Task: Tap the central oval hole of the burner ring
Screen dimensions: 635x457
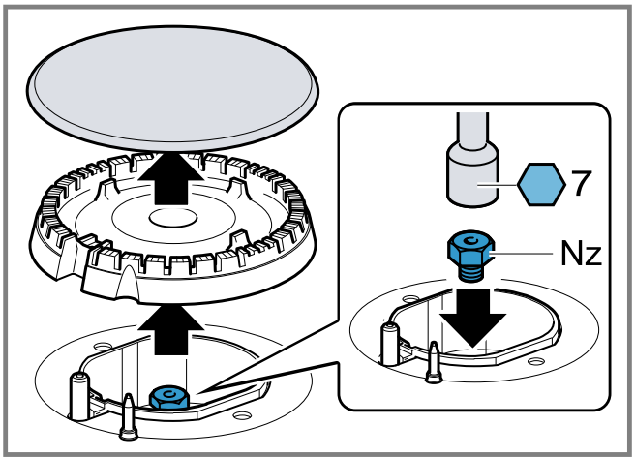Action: pos(173,218)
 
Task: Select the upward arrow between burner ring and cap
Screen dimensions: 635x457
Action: pos(170,177)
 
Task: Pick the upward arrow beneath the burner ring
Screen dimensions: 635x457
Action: pos(170,330)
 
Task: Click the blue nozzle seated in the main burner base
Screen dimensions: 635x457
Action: pos(169,397)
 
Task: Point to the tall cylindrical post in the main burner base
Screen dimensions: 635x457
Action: pos(79,397)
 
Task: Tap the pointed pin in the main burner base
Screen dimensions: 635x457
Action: pos(129,416)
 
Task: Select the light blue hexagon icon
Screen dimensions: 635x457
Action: pos(541,184)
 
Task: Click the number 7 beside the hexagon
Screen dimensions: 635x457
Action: pos(581,183)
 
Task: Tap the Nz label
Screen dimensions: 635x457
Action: pos(581,254)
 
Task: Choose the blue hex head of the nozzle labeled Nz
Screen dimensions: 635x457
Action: pos(470,248)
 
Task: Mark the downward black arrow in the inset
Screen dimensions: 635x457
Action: pos(472,318)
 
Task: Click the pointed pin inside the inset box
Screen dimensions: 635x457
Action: pos(434,362)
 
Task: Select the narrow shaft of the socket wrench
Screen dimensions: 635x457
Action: pos(472,129)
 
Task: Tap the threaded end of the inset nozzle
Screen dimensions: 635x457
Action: pos(471,272)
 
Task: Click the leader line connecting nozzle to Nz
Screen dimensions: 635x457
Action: pos(521,254)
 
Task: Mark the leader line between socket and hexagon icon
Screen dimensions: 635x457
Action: pos(498,185)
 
